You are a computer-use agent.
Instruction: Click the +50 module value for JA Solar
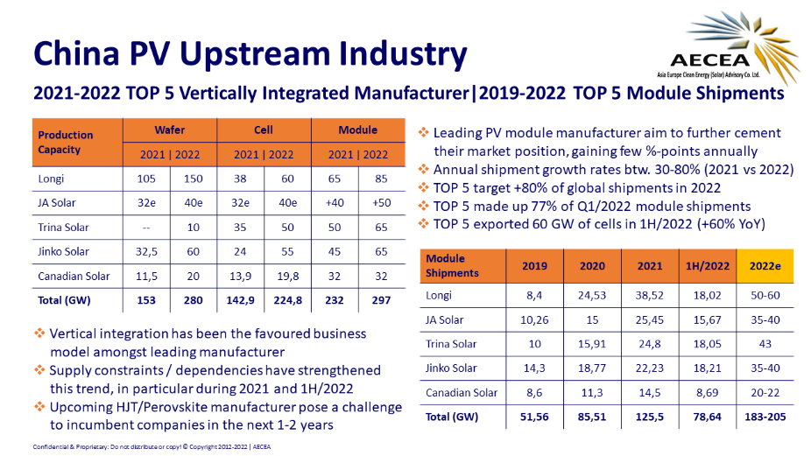click(382, 203)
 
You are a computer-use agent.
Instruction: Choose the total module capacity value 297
click(382, 300)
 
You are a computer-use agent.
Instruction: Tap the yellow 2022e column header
click(761, 266)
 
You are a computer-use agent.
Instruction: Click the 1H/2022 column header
click(705, 266)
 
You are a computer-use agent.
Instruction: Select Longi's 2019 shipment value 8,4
click(534, 296)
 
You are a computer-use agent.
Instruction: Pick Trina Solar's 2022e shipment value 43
click(761, 344)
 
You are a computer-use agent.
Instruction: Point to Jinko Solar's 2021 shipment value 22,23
click(649, 368)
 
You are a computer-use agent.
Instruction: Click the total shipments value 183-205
click(761, 417)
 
